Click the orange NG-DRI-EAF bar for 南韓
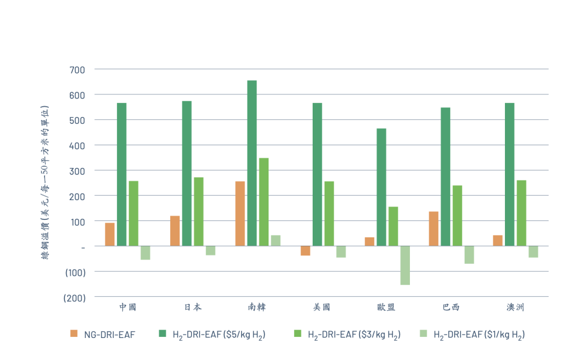[240, 214]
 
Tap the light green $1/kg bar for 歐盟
[405, 265]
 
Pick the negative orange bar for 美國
[305, 250]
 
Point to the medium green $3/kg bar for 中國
[133, 213]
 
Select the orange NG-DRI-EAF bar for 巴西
[434, 228]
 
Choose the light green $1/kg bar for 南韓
[275, 240]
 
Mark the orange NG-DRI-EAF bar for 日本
[175, 231]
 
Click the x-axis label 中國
[127, 307]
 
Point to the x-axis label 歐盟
[386, 307]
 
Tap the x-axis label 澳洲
[515, 307]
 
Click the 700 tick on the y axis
[77, 70]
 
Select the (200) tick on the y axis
[74, 297]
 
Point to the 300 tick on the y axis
[77, 171]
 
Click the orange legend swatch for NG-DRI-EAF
[74, 334]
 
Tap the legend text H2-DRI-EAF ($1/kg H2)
[479, 335]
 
